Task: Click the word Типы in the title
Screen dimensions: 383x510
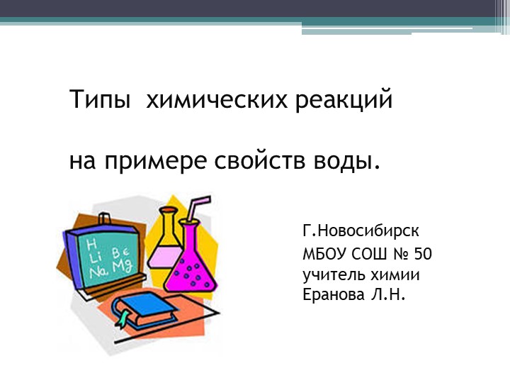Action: point(99,100)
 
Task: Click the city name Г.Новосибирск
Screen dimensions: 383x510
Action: point(361,231)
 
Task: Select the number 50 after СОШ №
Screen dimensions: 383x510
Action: point(423,255)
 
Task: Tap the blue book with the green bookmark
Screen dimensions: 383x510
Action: point(144,309)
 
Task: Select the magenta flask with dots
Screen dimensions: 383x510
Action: point(191,262)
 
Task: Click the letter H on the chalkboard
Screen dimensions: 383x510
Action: point(91,243)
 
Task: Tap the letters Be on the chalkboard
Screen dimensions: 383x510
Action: point(120,252)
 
